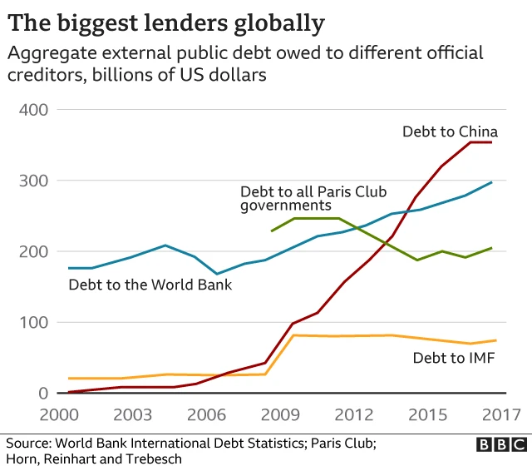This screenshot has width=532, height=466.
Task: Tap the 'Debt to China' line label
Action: [x=450, y=131]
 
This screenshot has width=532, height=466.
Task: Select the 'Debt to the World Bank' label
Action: [x=150, y=285]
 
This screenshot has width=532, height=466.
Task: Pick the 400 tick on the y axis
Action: [x=33, y=110]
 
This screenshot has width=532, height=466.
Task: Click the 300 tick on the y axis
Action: [x=33, y=181]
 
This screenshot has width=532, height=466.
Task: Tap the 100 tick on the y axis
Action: [x=33, y=322]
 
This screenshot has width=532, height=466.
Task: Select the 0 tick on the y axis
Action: [x=42, y=393]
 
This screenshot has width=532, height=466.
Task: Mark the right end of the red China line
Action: [x=491, y=142]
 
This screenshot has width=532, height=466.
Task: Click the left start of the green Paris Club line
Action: [x=272, y=231]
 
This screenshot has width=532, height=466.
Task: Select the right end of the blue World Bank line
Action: [x=491, y=182]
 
